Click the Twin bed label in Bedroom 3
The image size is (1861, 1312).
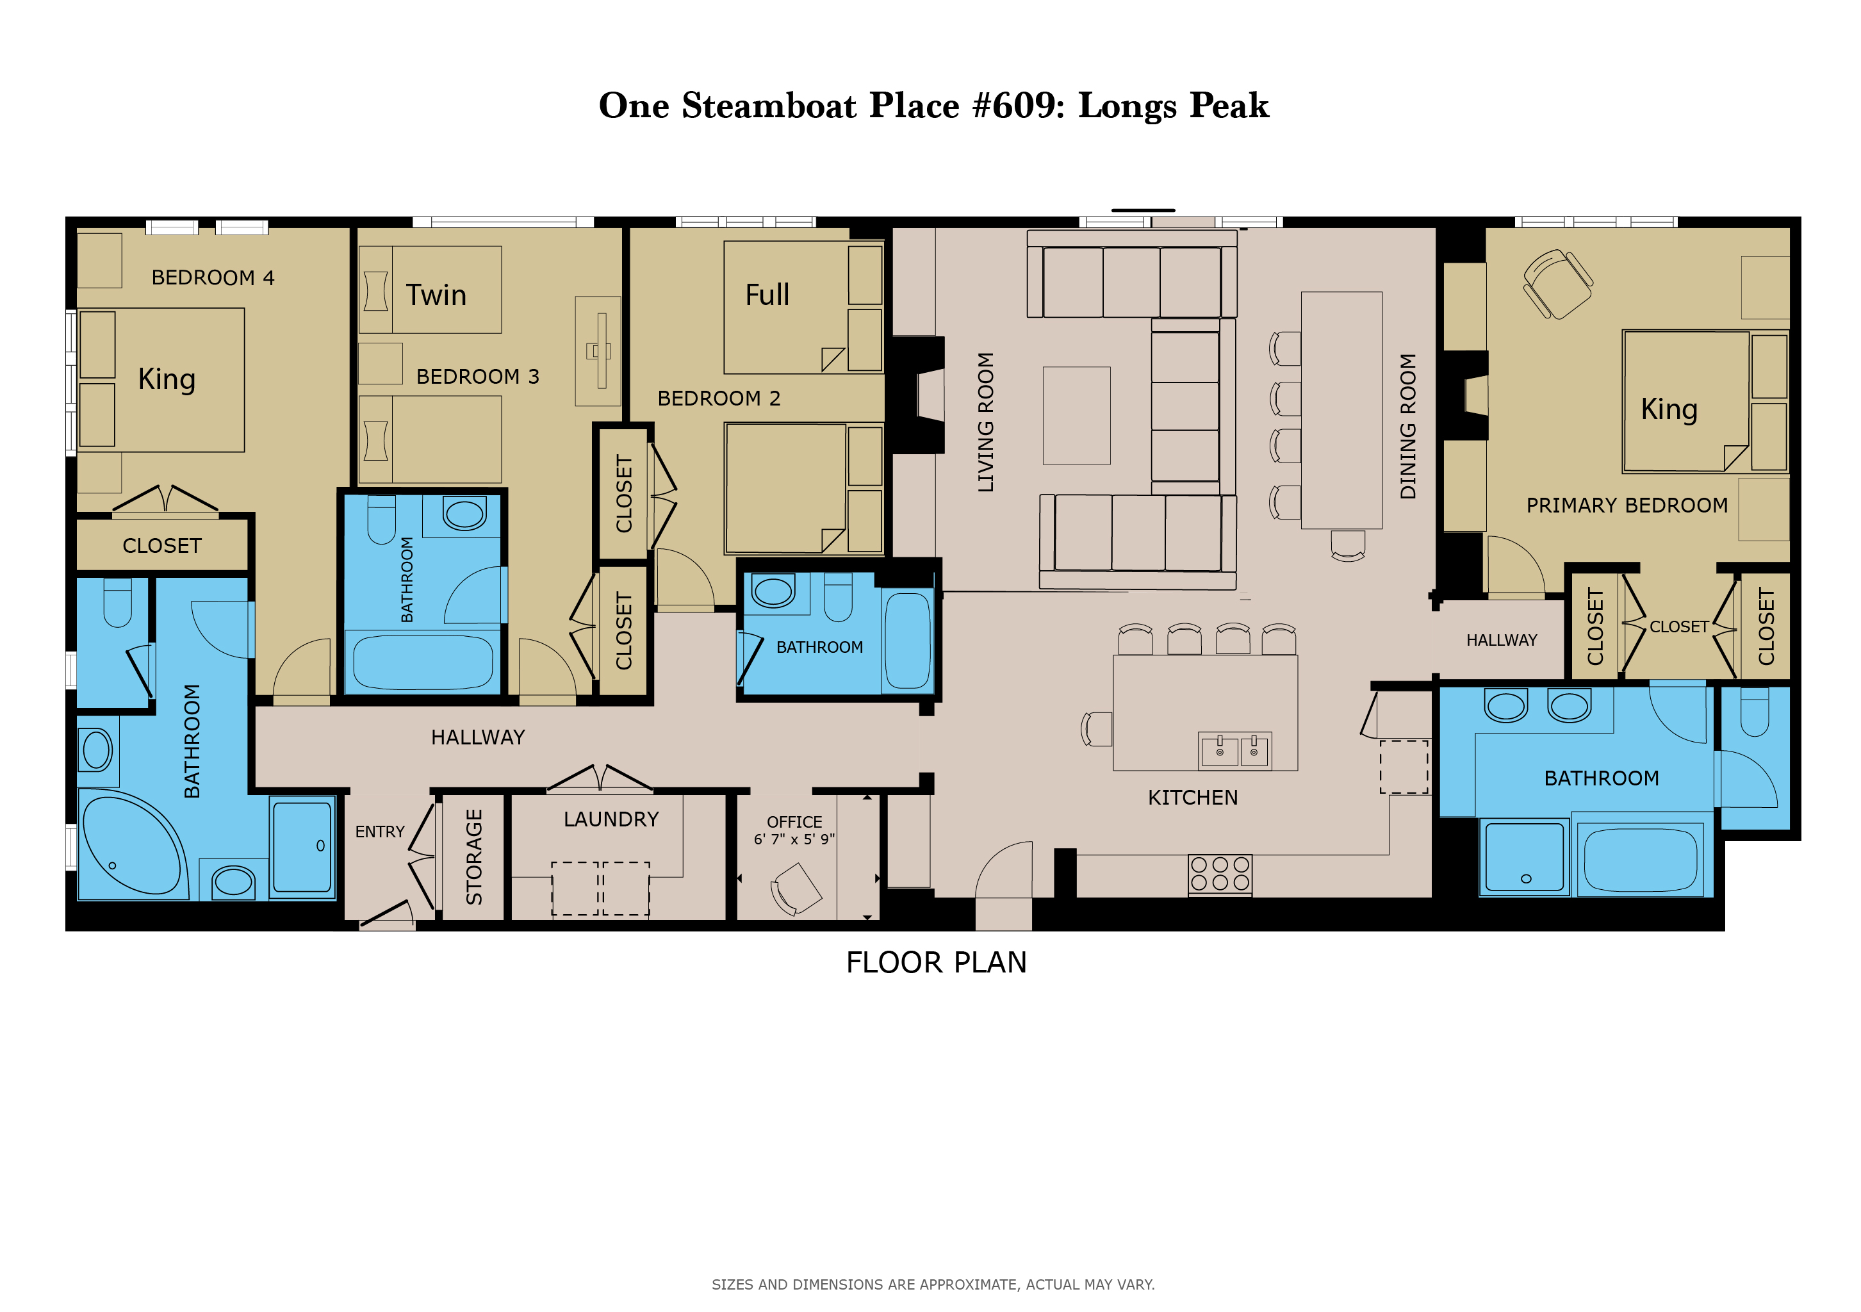pos(436,295)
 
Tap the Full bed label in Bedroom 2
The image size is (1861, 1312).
pos(767,295)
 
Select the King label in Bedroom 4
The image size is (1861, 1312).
pos(167,379)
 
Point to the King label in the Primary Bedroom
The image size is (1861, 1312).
pos(1669,409)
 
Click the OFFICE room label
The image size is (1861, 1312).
pos(794,822)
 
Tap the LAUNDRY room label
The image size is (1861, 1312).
pos(611,819)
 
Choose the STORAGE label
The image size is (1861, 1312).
pos(474,857)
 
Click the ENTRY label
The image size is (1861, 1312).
pos(379,832)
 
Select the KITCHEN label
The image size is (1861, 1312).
pos(1192,798)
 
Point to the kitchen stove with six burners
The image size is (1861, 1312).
pos(1220,874)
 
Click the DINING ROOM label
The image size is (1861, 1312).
pos(1408,426)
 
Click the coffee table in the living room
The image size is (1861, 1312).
pos(1076,416)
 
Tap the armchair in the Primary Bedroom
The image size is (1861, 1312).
pos(1558,284)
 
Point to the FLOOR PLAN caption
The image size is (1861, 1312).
pos(936,963)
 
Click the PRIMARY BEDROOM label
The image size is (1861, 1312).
pos(1627,505)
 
